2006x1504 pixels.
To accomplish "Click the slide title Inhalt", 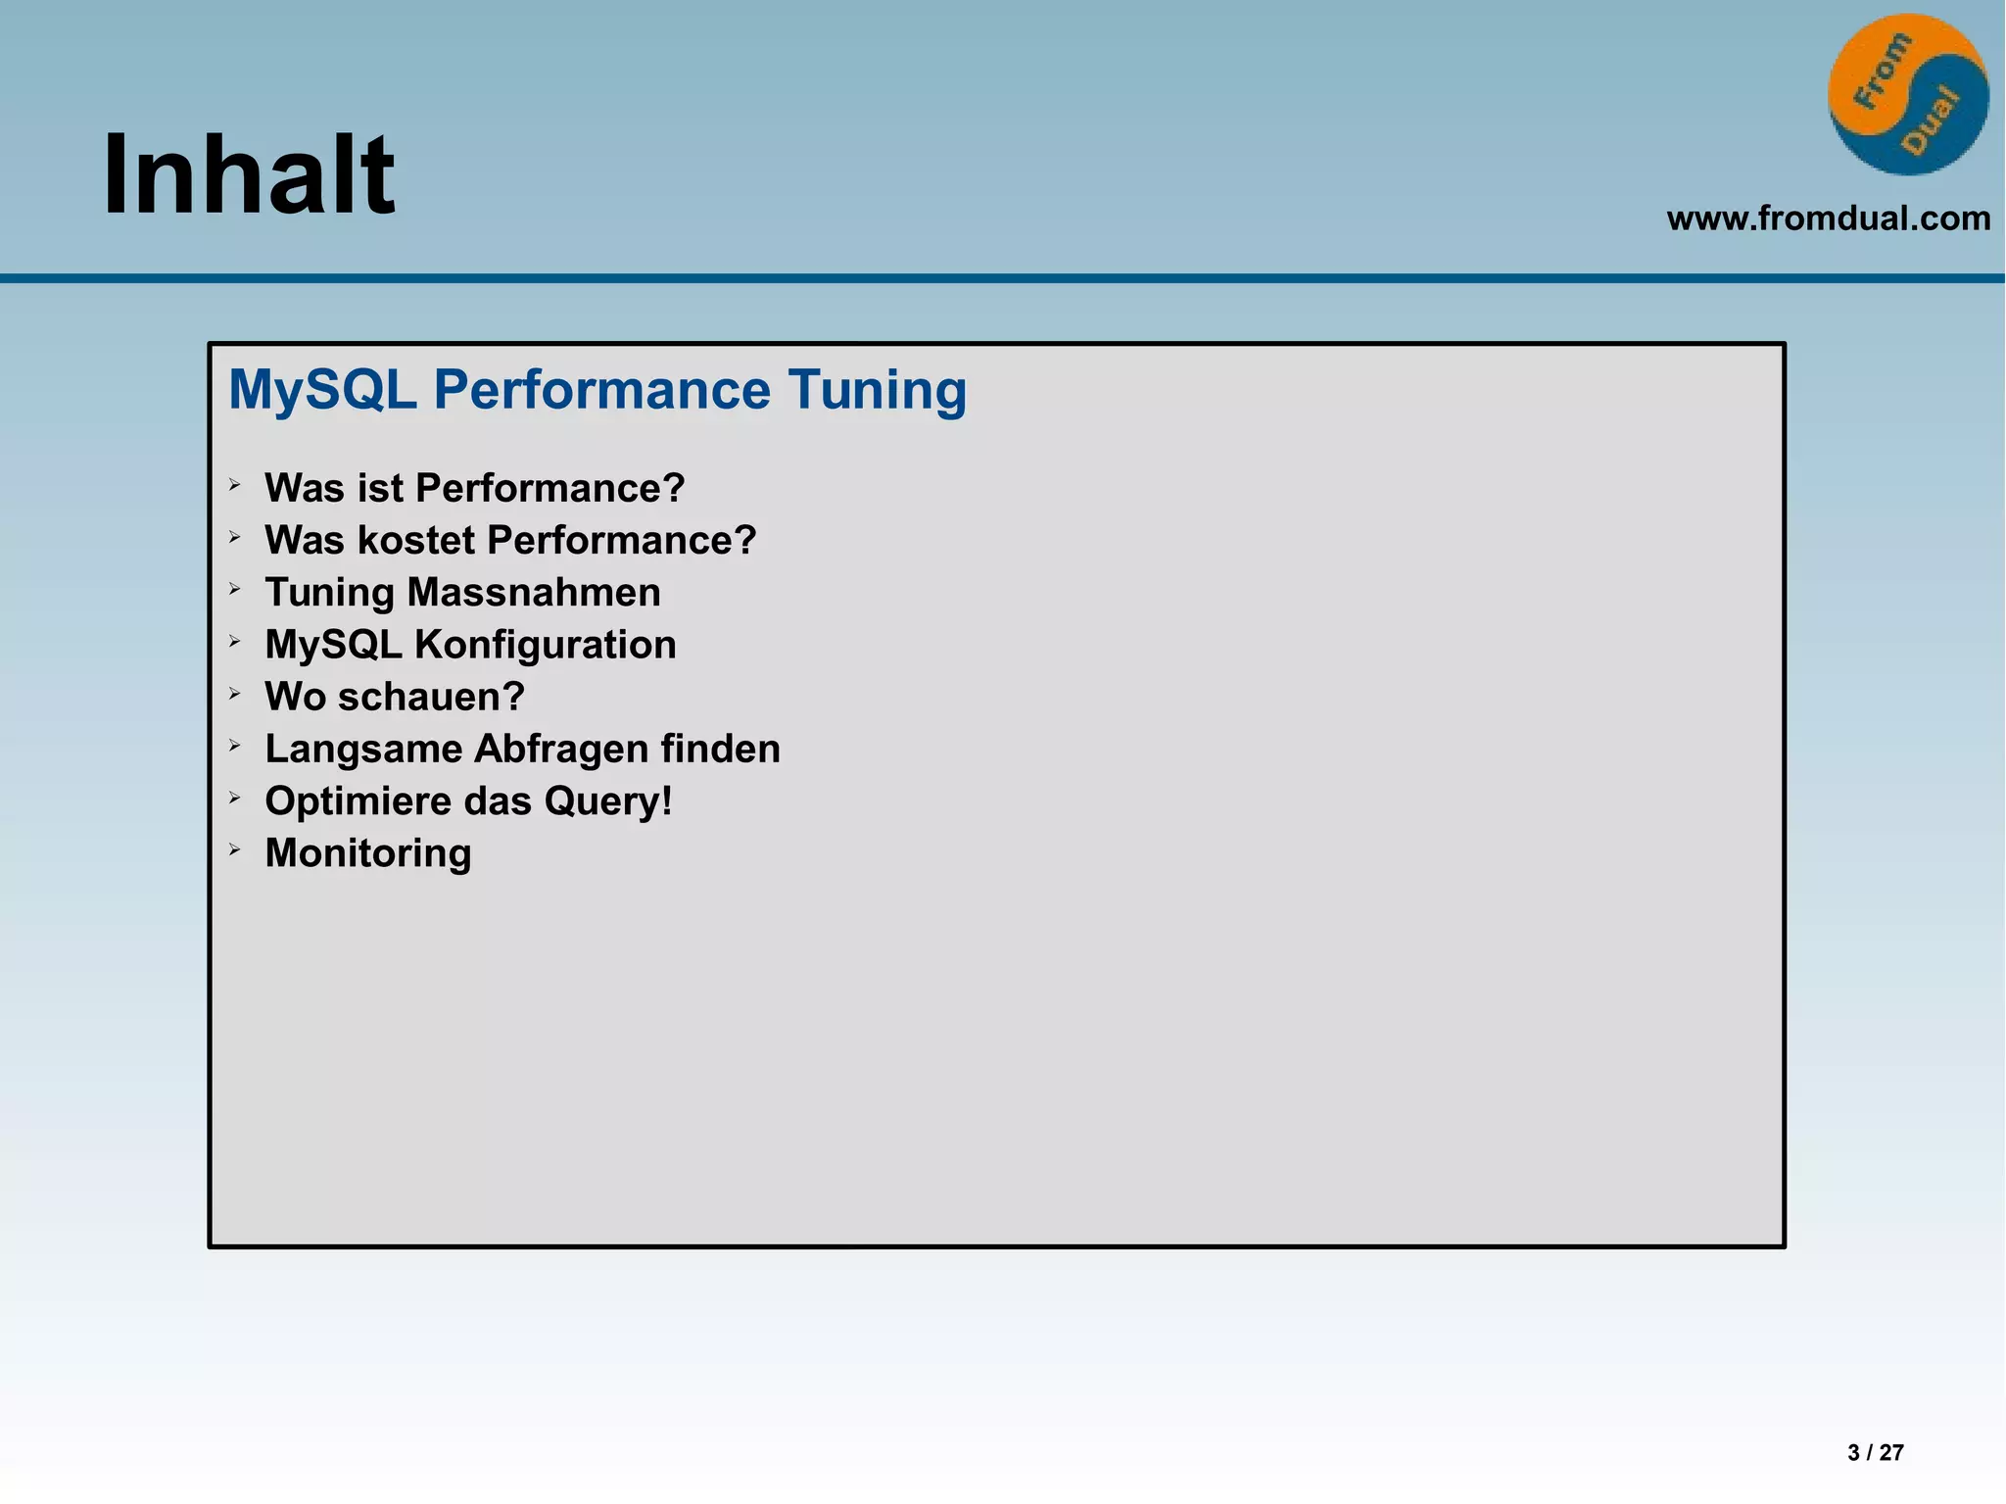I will [x=249, y=175].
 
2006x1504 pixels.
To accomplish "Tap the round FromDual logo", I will [x=1907, y=95].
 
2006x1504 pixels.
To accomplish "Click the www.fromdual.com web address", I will [x=1828, y=218].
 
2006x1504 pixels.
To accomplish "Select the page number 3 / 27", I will [x=1875, y=1452].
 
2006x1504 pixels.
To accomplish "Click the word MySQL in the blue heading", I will [x=322, y=390].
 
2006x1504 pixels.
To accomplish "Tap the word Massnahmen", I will [x=534, y=593].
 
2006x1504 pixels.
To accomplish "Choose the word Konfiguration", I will [x=546, y=645].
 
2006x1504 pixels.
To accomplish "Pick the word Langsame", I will [x=363, y=750].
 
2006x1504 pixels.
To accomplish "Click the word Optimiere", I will [x=350, y=801].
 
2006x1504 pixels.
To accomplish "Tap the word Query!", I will [x=608, y=801].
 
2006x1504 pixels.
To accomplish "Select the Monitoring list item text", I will [x=368, y=853].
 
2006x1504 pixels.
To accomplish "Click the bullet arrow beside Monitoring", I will [x=235, y=849].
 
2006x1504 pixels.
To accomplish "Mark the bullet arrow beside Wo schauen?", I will [x=235, y=694].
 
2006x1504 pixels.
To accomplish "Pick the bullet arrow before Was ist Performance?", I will [x=235, y=484].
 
